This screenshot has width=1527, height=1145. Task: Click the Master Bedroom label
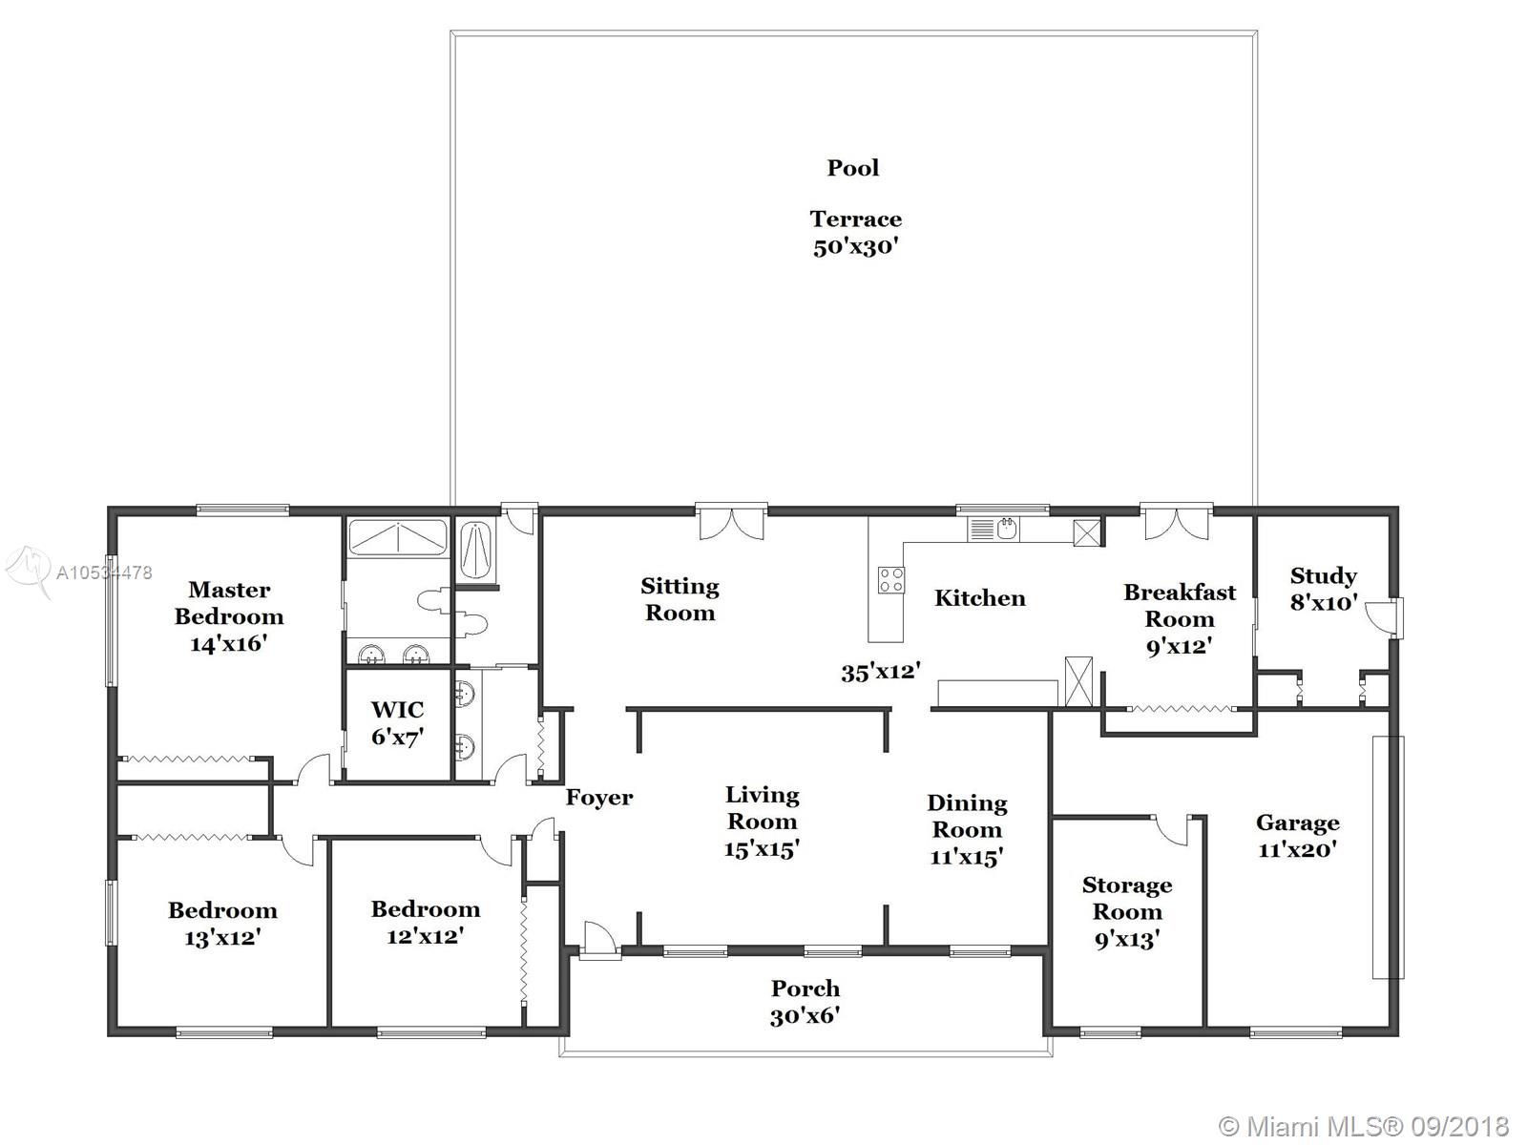click(229, 616)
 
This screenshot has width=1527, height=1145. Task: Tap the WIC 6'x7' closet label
click(397, 723)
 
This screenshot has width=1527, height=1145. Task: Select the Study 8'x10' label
click(1324, 589)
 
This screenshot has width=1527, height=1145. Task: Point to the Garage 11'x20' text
click(1297, 836)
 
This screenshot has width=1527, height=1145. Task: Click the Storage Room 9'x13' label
click(1127, 911)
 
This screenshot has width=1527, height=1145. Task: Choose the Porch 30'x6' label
click(805, 1002)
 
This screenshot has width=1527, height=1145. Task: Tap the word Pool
click(853, 168)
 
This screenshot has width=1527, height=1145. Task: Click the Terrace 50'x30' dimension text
click(856, 232)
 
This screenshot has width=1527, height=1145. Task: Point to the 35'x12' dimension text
click(881, 672)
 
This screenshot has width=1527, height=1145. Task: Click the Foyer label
click(599, 798)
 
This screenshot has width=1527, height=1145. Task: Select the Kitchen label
click(979, 598)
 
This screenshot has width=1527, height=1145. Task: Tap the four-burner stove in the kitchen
click(891, 580)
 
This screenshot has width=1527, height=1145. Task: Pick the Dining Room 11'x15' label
click(967, 829)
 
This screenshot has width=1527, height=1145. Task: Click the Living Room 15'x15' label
click(762, 822)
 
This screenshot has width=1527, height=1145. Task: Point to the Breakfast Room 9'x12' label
click(1180, 618)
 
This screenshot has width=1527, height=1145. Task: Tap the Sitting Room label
click(680, 599)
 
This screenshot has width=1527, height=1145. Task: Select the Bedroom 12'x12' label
click(425, 922)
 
